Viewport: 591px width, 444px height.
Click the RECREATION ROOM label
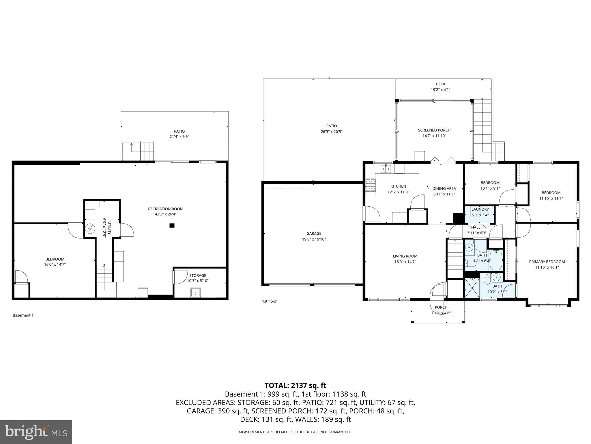click(x=166, y=209)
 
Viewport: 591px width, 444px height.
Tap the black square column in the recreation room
click(x=172, y=225)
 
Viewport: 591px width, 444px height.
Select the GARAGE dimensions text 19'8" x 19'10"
click(x=314, y=239)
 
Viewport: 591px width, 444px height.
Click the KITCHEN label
click(x=398, y=186)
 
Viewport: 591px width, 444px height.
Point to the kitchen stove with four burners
click(x=371, y=185)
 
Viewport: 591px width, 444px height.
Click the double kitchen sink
click(x=386, y=168)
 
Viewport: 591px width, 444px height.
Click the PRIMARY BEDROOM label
click(x=547, y=262)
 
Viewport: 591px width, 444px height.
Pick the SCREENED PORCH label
click(x=434, y=130)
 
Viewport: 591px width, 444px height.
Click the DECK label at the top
click(x=440, y=84)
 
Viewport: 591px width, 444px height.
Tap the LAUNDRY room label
click(x=480, y=209)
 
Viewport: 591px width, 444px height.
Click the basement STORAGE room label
click(x=198, y=275)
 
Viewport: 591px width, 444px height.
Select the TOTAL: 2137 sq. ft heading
click(x=295, y=385)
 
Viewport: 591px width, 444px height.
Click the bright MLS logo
click(x=36, y=432)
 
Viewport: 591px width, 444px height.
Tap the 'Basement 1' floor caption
click(x=23, y=315)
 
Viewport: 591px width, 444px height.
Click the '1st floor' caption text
click(x=269, y=301)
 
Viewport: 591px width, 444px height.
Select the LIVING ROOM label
click(x=405, y=256)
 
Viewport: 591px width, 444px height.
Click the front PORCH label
click(x=441, y=307)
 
